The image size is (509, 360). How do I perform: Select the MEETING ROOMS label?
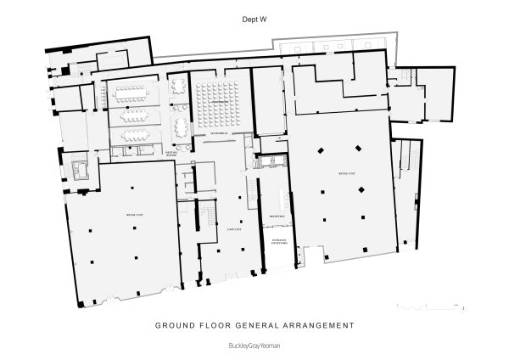(171, 155)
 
